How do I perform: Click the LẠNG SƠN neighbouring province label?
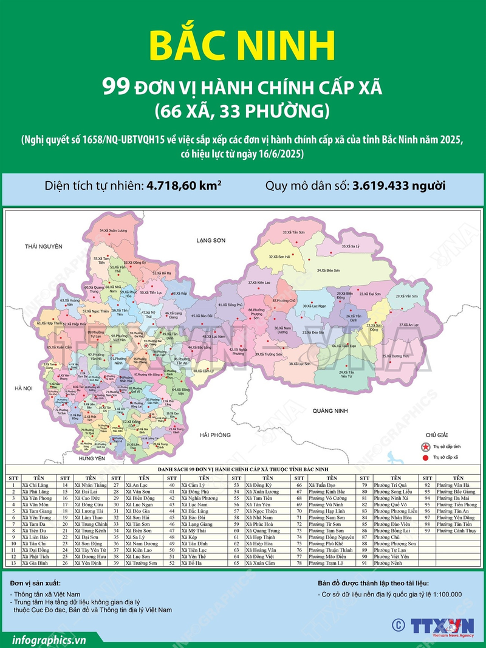[211, 241]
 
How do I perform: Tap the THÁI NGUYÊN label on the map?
[43, 247]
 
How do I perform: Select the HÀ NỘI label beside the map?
[22, 387]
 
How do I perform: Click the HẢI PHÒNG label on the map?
[217, 435]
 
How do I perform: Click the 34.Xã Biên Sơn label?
[329, 270]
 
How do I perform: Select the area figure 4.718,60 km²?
[182, 186]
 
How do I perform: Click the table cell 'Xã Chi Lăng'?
[35, 486]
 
